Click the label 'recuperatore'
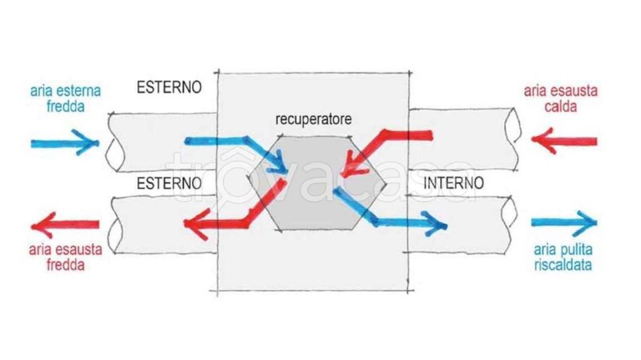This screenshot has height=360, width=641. [x=313, y=119]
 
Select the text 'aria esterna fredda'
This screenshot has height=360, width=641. [x=65, y=98]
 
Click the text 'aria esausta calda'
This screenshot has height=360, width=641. [x=560, y=98]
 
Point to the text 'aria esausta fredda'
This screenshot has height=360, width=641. [x=65, y=257]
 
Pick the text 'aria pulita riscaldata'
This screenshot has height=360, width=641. [x=563, y=257]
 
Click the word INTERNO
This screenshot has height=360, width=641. [x=453, y=183]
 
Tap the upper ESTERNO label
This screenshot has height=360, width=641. [x=169, y=87]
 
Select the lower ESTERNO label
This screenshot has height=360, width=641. [x=169, y=183]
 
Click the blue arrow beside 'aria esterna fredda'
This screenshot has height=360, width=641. [x=64, y=143]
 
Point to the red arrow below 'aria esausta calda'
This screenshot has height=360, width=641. [x=564, y=141]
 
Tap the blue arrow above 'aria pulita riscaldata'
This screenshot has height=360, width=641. [x=564, y=222]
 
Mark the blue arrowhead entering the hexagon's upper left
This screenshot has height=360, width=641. [x=280, y=166]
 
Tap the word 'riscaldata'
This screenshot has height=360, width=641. [x=563, y=264]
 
